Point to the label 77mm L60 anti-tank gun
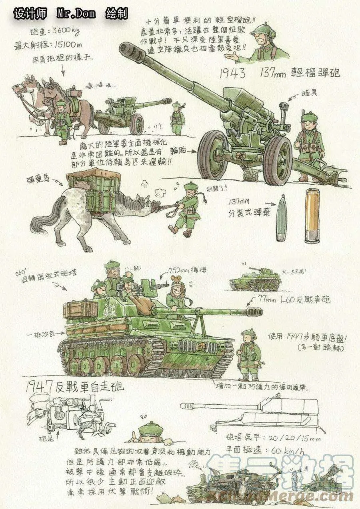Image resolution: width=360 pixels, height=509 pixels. click(x=294, y=299)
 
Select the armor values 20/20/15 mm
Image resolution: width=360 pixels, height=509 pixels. click(x=293, y=438)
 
